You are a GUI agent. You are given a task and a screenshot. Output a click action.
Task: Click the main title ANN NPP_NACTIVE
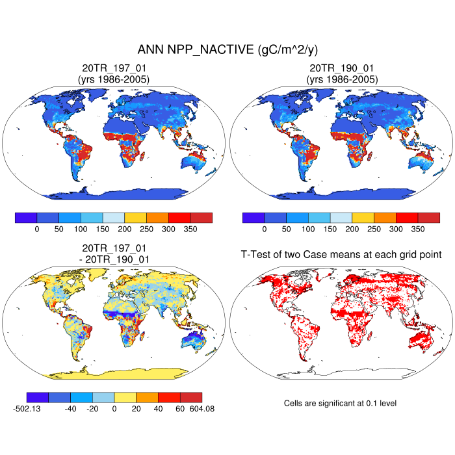[227, 50]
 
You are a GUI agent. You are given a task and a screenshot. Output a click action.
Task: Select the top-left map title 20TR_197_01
[114, 68]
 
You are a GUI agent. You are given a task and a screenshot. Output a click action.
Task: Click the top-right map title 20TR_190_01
[341, 68]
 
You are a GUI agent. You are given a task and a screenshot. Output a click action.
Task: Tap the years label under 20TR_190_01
[341, 79]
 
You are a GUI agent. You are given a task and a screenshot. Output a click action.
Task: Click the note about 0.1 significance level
[340, 404]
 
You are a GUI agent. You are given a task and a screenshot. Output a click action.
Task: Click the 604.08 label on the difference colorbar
[201, 409]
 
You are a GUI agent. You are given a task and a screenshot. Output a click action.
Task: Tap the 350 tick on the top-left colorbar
[190, 229]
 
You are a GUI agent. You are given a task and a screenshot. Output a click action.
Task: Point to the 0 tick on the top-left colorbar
[37, 229]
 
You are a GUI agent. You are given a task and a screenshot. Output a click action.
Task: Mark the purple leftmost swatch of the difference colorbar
[37, 397]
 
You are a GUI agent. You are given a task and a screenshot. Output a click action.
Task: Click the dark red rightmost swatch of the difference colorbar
[191, 397]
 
